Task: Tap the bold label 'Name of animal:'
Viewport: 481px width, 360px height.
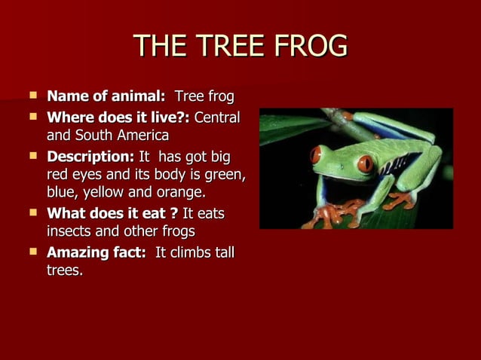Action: (106, 97)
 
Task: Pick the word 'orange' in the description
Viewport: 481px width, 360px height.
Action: (179, 193)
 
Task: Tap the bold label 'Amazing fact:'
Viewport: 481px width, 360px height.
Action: (97, 252)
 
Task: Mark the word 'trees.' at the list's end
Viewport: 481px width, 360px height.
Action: (65, 270)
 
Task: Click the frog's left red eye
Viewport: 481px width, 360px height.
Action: (317, 154)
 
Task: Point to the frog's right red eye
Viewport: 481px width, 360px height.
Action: (365, 163)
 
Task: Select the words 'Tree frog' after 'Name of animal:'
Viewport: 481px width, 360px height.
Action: (204, 97)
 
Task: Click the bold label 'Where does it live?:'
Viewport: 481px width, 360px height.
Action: (119, 118)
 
